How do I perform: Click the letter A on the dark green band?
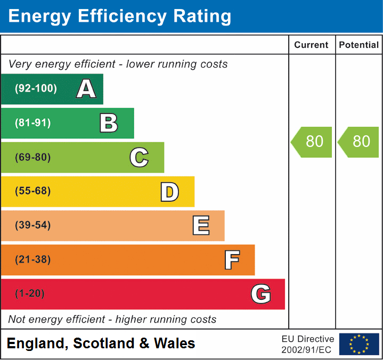click(x=86, y=89)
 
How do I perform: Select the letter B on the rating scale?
click(x=109, y=123)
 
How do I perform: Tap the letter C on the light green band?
click(x=139, y=157)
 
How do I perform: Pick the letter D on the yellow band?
click(x=169, y=192)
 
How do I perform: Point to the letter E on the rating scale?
click(x=201, y=226)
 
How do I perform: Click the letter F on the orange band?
click(x=232, y=260)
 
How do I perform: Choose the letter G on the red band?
click(x=261, y=294)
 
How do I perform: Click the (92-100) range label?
click(x=36, y=89)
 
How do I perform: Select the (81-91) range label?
click(x=33, y=123)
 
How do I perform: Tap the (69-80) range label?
click(x=33, y=157)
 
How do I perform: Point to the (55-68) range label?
click(x=33, y=191)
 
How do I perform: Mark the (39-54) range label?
click(x=33, y=225)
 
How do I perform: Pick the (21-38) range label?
click(x=33, y=260)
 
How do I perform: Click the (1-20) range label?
click(x=30, y=294)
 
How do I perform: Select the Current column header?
click(x=312, y=45)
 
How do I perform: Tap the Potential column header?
click(x=358, y=45)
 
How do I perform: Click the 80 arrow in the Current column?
click(x=312, y=142)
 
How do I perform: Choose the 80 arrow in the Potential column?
click(x=359, y=142)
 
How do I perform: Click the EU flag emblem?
click(x=359, y=344)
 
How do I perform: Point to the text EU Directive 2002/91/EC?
click(x=308, y=345)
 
